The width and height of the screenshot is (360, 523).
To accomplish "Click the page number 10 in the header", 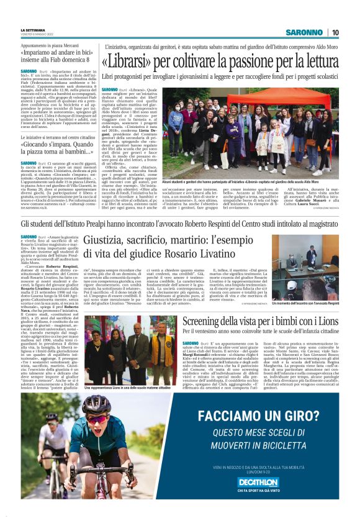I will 335,32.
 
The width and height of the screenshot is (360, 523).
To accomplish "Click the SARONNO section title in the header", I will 305,32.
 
